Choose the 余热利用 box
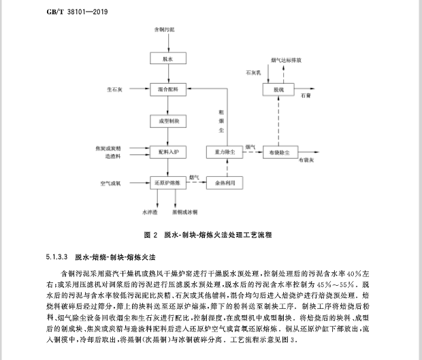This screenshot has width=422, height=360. (x=225, y=182)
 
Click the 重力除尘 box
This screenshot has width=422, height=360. (x=225, y=151)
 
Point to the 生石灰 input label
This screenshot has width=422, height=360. (x=114, y=89)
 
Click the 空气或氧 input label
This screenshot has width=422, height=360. (x=110, y=182)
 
